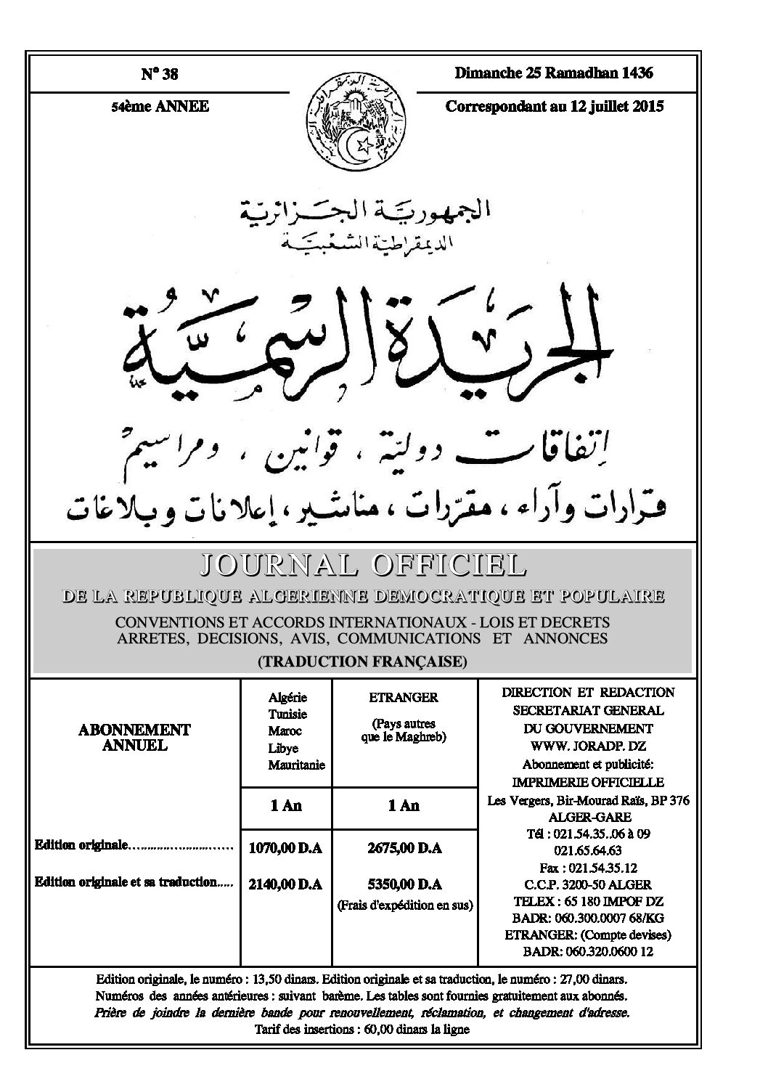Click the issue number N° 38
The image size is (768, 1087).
coord(159,74)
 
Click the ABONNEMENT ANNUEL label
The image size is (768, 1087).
coord(134,737)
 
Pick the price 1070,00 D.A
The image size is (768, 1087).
coord(285,847)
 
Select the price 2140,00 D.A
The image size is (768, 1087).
coord(285,884)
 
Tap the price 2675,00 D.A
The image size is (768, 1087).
coord(404,847)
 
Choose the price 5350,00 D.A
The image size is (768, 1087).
coord(404,884)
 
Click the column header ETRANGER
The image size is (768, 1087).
coord(404,698)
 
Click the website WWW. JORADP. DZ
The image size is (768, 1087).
coord(587,746)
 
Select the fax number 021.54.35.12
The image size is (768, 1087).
coord(587,868)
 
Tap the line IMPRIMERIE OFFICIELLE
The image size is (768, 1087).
coord(587,782)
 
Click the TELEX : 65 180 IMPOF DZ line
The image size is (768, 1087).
coord(587,902)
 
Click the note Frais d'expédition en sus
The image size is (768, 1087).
coord(404,905)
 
